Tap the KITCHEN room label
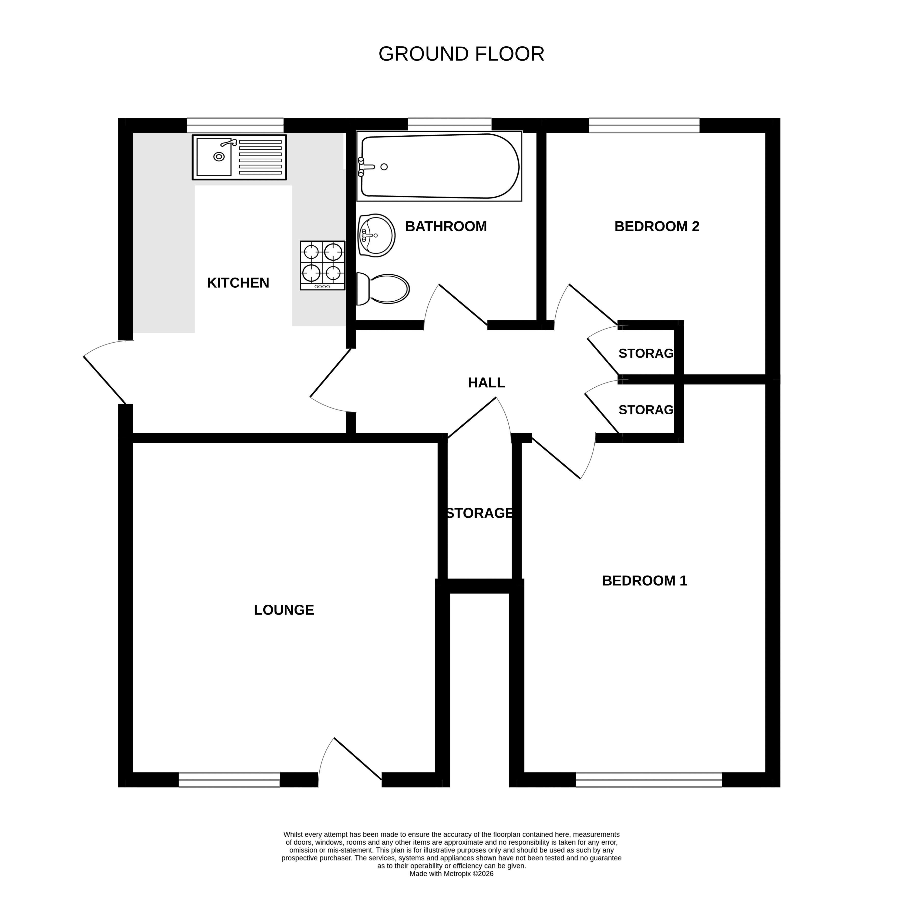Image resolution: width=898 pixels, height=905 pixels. point(238,283)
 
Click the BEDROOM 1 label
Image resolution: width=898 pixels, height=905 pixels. point(645,581)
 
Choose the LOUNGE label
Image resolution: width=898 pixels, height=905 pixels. point(284,610)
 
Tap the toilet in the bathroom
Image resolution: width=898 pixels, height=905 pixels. point(383,289)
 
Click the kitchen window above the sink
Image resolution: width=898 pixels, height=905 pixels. point(235,126)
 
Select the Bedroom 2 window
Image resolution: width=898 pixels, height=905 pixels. point(644,126)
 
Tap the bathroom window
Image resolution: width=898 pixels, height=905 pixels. point(450,125)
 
